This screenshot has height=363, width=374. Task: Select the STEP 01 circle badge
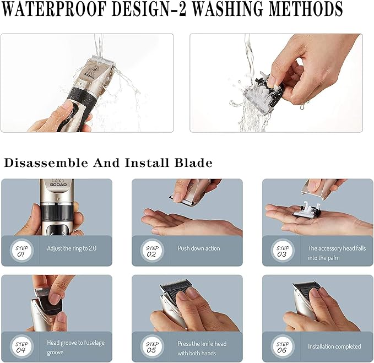(20, 251)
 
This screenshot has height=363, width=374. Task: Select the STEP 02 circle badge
(151, 251)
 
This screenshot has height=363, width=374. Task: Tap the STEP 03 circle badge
(281, 251)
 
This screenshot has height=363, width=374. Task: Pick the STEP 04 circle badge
(20, 346)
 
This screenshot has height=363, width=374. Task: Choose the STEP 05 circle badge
(151, 346)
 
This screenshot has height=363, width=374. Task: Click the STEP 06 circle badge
(281, 346)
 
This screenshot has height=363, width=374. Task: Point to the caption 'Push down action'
(198, 248)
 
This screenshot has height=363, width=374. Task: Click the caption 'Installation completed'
(334, 346)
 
